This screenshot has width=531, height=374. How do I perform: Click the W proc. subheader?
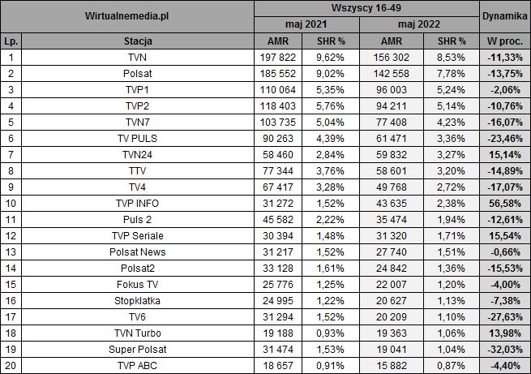(504, 40)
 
